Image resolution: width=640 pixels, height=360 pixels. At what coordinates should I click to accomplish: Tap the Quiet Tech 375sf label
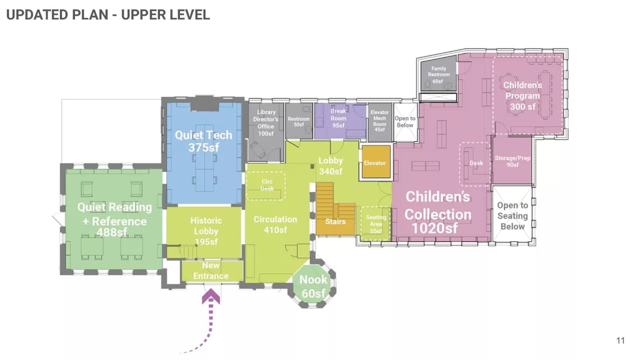pos(203,141)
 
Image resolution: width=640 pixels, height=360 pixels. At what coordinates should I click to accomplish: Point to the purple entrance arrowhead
pos(211,296)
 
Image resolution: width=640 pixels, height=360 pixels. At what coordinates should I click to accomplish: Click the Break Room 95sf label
pos(338,118)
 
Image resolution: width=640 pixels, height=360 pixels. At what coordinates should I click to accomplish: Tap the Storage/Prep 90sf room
pos(512,160)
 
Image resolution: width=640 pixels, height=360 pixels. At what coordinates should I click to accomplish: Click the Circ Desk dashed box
pos(266,185)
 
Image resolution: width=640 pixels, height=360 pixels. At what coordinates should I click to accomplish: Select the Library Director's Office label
pos(266,122)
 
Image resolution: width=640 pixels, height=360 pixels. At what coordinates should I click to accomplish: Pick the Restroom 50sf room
pos(299,121)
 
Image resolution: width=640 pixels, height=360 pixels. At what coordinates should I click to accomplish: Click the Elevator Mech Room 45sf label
pos(379,121)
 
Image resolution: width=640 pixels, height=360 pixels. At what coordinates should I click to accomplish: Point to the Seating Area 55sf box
pos(376,224)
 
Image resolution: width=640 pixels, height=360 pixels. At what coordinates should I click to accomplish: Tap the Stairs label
pos(335,222)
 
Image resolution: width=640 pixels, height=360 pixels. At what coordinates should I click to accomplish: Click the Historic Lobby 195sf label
pos(206,231)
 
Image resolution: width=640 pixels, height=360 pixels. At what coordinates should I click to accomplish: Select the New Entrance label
pos(211,271)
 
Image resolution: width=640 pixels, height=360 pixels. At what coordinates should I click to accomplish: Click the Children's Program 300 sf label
pos(523,96)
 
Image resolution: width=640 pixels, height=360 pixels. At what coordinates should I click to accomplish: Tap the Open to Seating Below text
pos(512,216)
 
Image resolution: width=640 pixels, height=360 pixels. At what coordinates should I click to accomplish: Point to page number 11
pos(621,341)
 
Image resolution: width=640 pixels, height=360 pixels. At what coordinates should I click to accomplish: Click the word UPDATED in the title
pos(36,15)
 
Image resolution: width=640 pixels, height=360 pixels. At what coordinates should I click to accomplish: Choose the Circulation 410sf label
pos(276,224)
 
